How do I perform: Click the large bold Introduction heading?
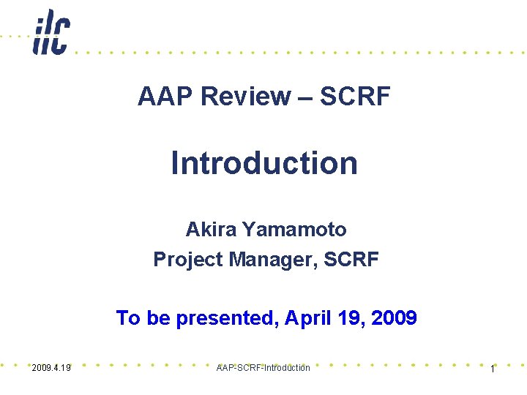pos(264,163)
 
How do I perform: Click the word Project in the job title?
pos(183,260)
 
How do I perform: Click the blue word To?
pos(128,318)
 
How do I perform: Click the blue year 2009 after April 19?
pos(394,318)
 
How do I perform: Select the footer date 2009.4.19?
pos(51,368)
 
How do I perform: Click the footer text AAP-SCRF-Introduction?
pos(263,368)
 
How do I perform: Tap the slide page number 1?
pos(493,369)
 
